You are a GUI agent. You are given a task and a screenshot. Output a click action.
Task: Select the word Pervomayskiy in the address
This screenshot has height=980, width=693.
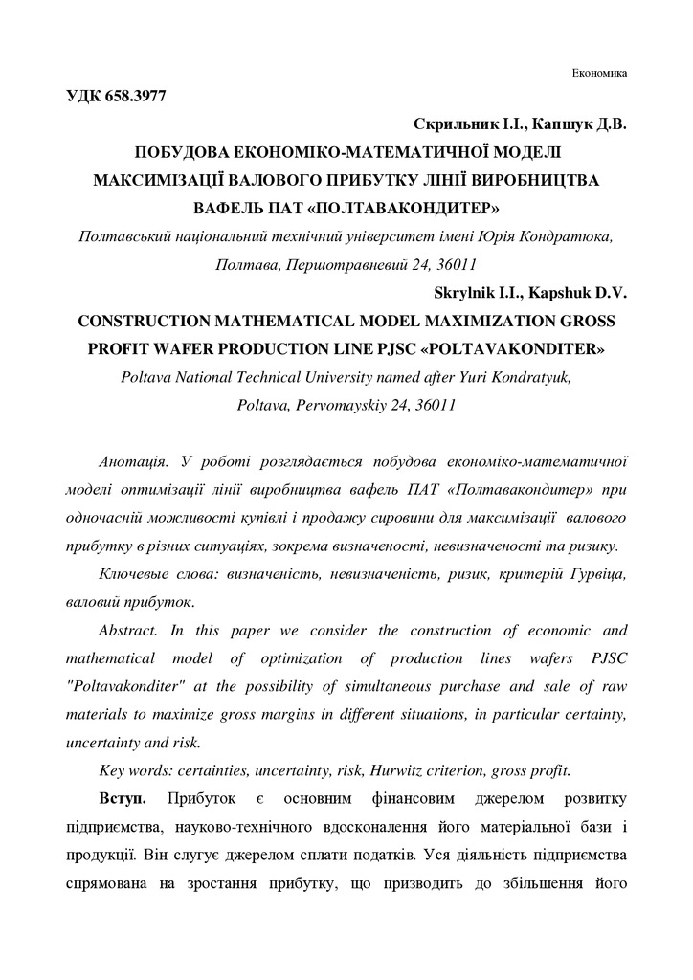[x=318, y=404]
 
